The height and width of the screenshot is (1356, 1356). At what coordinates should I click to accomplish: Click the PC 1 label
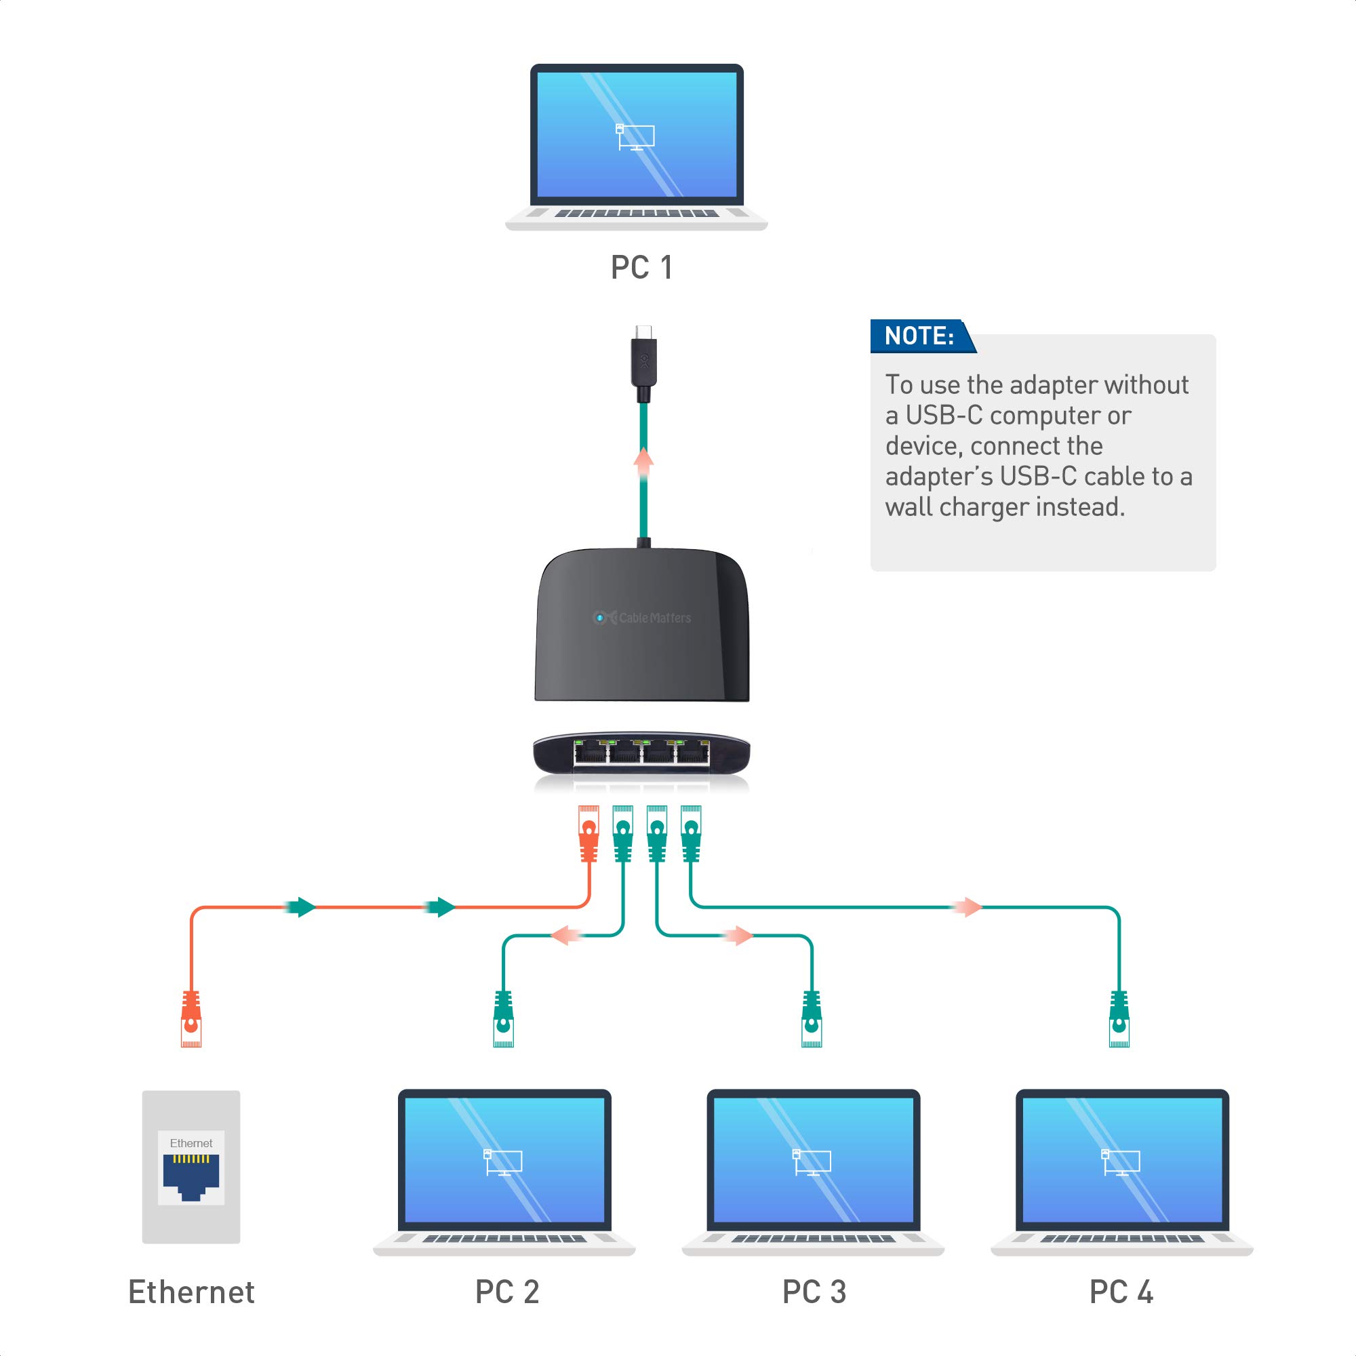[x=641, y=267]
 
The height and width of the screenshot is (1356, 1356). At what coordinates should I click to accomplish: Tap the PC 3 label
[x=814, y=1292]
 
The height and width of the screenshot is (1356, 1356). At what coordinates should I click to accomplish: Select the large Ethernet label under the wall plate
[x=191, y=1292]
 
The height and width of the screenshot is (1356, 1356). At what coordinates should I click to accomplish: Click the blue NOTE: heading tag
[x=919, y=336]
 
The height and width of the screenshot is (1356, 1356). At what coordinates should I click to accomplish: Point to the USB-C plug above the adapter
[x=643, y=361]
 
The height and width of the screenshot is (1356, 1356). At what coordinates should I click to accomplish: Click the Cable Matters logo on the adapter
[x=642, y=618]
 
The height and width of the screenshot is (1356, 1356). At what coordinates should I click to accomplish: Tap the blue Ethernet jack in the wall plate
[x=191, y=1178]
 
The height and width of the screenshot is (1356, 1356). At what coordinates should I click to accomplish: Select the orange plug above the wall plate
[x=191, y=1018]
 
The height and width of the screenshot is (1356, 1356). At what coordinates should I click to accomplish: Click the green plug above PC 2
[x=503, y=1018]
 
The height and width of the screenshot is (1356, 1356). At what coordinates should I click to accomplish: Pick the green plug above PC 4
[x=1119, y=1018]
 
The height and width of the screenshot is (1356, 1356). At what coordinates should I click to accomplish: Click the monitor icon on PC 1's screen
[x=635, y=137]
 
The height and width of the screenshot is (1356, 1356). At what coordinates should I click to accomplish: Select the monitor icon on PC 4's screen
[x=1120, y=1162]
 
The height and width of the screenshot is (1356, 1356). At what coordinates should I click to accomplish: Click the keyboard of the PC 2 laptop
[x=503, y=1239]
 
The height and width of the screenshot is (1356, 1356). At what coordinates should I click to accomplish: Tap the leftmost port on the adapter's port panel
[x=590, y=754]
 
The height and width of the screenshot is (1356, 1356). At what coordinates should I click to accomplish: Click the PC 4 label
[x=1121, y=1292]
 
